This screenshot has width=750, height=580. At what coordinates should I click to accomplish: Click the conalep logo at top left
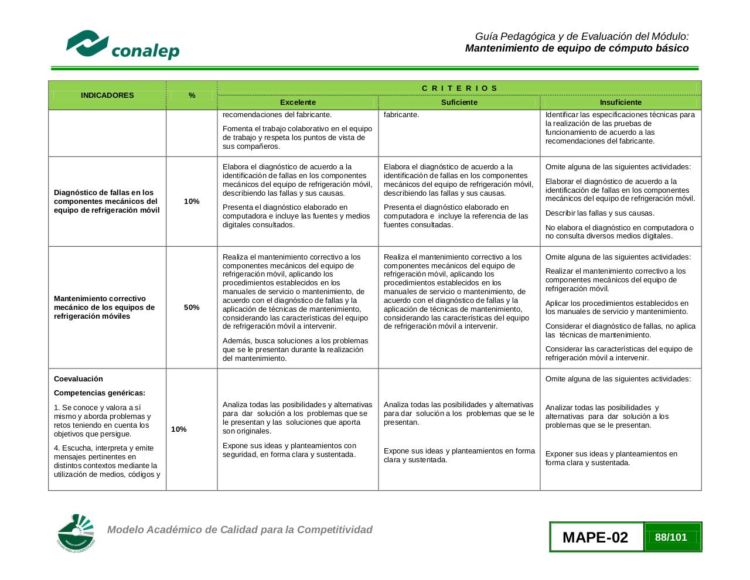pos(122,45)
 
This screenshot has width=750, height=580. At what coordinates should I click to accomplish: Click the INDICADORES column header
pos(107,95)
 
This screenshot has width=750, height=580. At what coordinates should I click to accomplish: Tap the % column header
pos(192,95)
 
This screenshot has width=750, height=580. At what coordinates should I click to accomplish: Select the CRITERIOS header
pos(459,88)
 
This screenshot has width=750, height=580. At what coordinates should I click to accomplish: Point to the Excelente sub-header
pos(298,102)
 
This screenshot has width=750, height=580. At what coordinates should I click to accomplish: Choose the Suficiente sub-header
pos(459,102)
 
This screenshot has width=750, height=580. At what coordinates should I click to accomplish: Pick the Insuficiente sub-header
pos(621,102)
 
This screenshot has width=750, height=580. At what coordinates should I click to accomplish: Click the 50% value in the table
pos(192,307)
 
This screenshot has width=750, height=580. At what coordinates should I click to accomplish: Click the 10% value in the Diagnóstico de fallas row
pos(192,201)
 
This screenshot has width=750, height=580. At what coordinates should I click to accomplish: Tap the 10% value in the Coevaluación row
pos(179,429)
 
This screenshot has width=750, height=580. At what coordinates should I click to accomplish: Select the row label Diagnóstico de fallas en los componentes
pos(107,201)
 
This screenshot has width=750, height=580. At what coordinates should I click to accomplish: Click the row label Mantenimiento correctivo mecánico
pos(104,307)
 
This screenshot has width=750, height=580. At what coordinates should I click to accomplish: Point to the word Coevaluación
pos(79,378)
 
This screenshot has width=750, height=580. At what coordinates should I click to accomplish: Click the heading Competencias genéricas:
pos(100,393)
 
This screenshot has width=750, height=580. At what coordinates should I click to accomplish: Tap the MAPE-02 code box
pos(595,537)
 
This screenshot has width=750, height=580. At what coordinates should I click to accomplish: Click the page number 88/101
pos(671,537)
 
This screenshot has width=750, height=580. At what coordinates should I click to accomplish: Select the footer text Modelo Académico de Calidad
pos(240,530)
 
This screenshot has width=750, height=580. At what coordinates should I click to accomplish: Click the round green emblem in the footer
pos(76,533)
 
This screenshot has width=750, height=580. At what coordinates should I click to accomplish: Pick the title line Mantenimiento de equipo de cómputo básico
pos(577,48)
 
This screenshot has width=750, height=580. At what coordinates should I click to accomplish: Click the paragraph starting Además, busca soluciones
pos(295,349)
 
